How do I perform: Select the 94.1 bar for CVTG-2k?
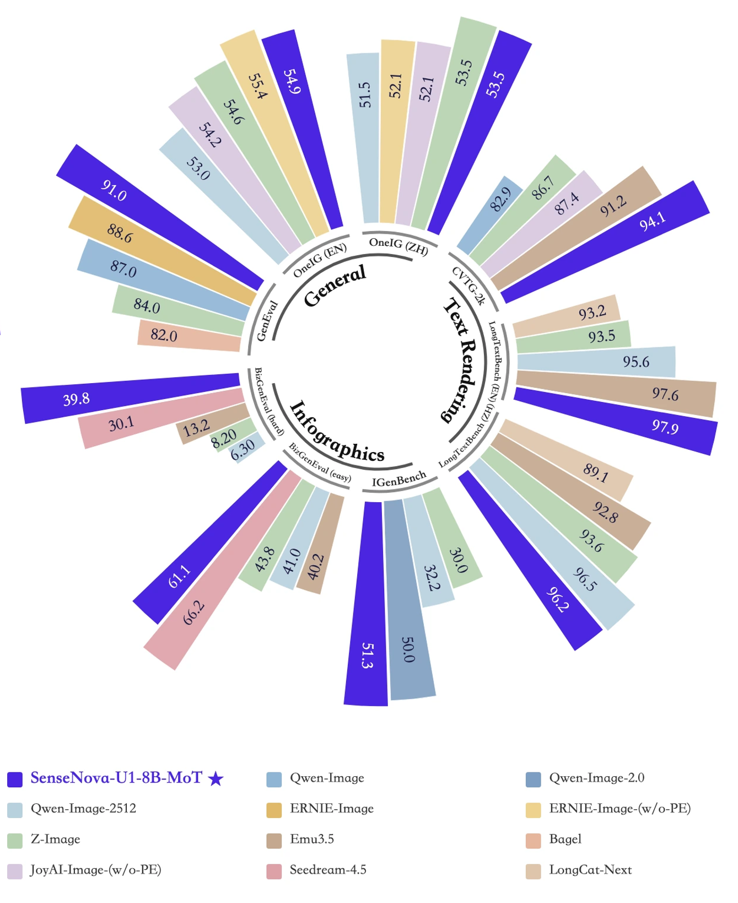606,243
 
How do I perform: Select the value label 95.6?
635,362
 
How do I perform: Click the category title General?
335,285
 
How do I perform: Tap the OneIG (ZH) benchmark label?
398,246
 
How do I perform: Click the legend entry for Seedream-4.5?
328,870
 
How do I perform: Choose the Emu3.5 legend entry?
312,839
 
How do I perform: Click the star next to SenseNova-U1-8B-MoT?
216,778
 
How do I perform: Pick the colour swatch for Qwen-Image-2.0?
533,779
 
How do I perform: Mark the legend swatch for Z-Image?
15,840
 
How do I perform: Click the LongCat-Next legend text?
590,870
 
